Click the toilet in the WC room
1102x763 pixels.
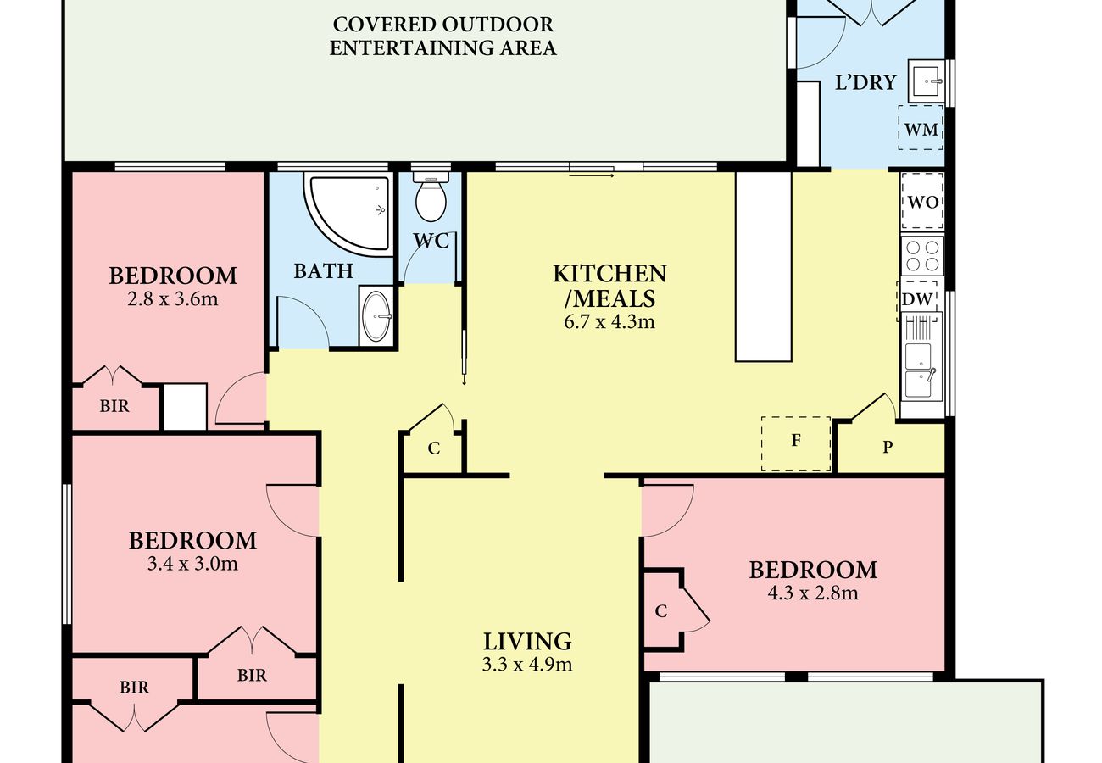(431, 197)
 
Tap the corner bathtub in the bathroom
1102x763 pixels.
(350, 214)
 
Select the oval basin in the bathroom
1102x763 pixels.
(376, 316)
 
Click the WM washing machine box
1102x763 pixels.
(921, 128)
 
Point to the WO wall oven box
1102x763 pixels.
(922, 201)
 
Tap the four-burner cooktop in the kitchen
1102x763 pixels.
(922, 256)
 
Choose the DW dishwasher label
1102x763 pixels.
(917, 299)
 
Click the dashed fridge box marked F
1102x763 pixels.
(796, 443)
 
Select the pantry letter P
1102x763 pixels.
(888, 447)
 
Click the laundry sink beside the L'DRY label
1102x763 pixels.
(927, 81)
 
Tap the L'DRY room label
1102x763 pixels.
(865, 82)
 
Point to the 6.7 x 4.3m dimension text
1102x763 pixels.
(609, 322)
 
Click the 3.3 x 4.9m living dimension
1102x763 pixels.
(527, 665)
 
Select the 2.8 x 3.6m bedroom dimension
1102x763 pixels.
(173, 299)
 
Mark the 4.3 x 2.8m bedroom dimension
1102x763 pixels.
(813, 593)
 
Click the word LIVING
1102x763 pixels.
(527, 642)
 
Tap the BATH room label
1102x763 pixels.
(323, 271)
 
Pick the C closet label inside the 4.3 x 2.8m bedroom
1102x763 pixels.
(661, 611)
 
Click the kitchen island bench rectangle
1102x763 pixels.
(763, 267)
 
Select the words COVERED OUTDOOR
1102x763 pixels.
(442, 24)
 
